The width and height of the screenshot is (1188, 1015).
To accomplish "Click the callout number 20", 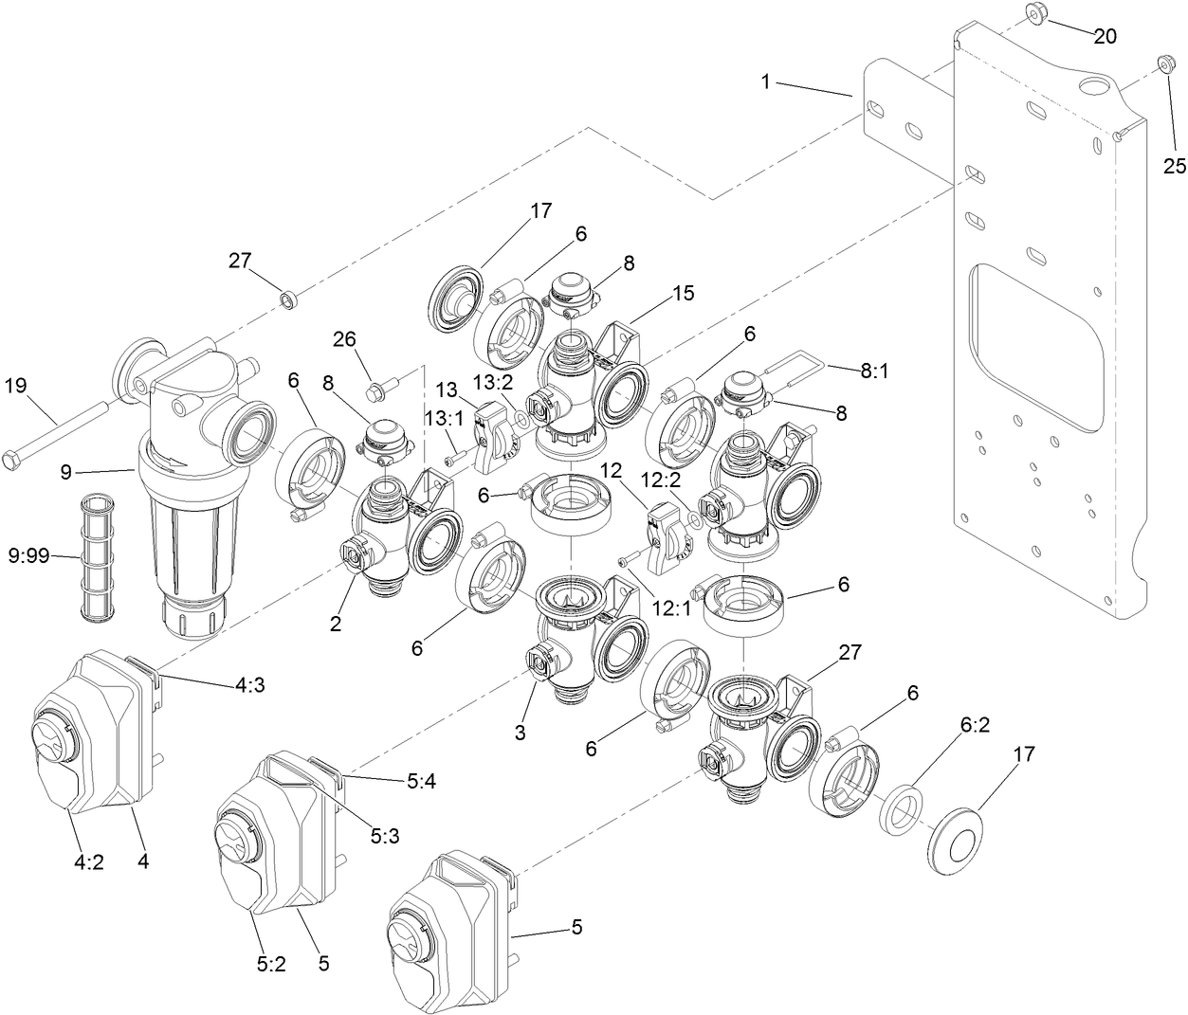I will pos(1105,36).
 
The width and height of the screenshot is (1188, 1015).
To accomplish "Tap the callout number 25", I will pos(1174,166).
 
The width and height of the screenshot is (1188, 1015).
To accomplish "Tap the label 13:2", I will pos(493,382).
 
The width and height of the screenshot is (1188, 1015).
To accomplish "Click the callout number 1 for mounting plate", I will pos(766,82).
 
